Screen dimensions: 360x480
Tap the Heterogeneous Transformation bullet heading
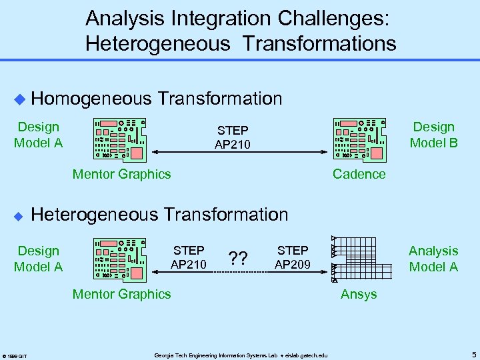[x=160, y=215]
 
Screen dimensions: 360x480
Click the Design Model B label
[x=433, y=135]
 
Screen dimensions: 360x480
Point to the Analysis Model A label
[x=433, y=259]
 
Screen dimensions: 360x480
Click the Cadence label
[x=359, y=174]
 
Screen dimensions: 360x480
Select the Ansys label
[x=359, y=294]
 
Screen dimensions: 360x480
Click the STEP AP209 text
[x=293, y=259]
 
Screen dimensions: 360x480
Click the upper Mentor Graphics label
[x=121, y=174]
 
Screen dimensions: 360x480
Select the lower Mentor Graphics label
[x=121, y=294]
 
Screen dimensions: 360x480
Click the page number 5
[x=472, y=354]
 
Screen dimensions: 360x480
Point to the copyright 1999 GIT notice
[x=14, y=355]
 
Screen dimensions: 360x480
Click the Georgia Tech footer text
[x=241, y=355]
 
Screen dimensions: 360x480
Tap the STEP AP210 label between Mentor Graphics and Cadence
[x=232, y=136]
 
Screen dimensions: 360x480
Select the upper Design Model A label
[x=38, y=135]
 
